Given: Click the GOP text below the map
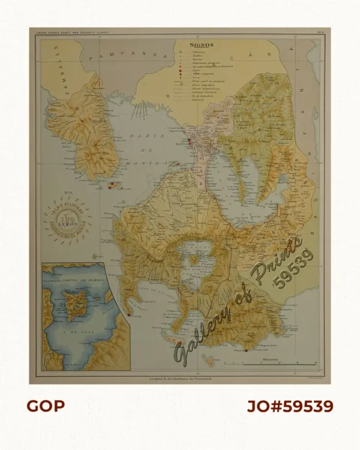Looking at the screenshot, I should click(45, 406).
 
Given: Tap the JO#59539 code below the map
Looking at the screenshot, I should click(290, 406).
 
